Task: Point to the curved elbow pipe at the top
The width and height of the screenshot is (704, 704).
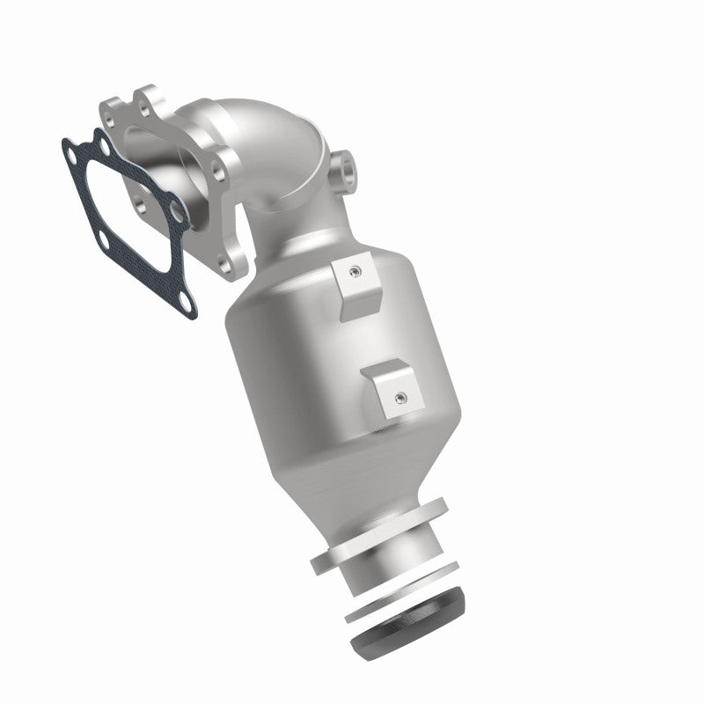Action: tap(282, 141)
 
